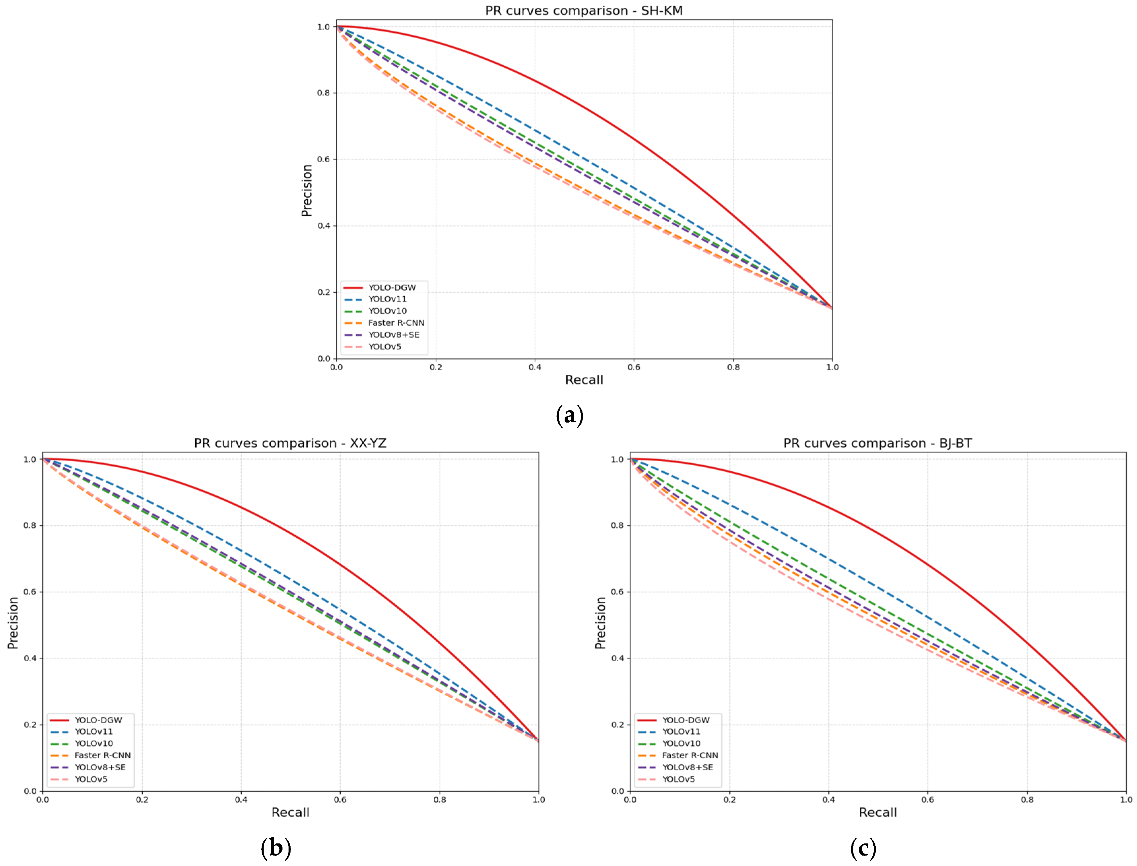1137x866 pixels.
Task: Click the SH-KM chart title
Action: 583,10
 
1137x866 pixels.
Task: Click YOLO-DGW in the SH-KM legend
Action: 392,288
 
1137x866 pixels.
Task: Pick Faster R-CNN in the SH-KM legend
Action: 396,323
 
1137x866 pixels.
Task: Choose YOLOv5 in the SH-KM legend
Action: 384,346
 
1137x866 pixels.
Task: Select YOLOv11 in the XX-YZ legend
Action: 94,731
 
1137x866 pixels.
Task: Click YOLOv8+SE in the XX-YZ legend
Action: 100,767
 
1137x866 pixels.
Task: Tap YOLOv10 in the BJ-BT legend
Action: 681,743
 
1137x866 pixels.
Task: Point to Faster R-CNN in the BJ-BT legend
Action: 690,755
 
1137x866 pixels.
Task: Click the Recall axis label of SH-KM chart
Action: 584,380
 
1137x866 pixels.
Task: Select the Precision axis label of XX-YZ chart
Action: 13,623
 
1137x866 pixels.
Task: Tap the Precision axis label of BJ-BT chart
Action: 600,623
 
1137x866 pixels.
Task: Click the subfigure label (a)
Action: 570,415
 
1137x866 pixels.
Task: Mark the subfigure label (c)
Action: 863,847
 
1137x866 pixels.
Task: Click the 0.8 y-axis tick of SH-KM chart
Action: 323,93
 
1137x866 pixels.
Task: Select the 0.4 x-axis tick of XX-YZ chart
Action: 241,800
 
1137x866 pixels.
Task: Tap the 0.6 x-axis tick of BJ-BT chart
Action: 928,800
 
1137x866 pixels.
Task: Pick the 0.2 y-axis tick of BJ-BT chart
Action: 617,725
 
